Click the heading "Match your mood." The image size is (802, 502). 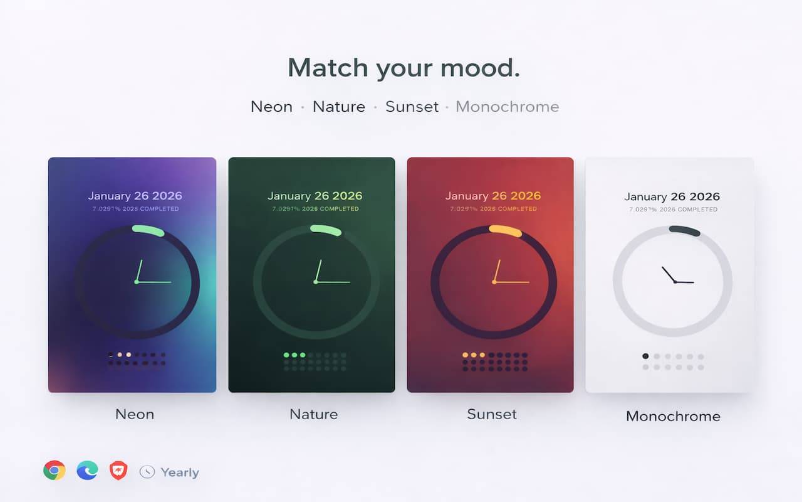pyautogui.click(x=404, y=68)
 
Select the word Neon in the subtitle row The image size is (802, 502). pyautogui.click(x=271, y=107)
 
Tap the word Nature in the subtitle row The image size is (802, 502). pyautogui.click(x=339, y=107)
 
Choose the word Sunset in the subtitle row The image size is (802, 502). pyautogui.click(x=412, y=107)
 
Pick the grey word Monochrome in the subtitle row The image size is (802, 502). pyautogui.click(x=507, y=107)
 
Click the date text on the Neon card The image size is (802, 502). pyautogui.click(x=135, y=196)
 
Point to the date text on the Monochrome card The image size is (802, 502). pyautogui.click(x=672, y=196)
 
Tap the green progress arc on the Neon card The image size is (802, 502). pyautogui.click(x=148, y=230)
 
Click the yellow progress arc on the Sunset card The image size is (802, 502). pyautogui.click(x=506, y=230)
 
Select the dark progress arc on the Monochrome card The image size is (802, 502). pyautogui.click(x=684, y=230)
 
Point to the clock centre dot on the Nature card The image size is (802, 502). pyautogui.click(x=315, y=282)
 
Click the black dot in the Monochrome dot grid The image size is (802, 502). pyautogui.click(x=645, y=356)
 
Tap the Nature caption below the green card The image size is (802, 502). pyautogui.click(x=313, y=414)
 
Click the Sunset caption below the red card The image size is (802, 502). pyautogui.click(x=492, y=414)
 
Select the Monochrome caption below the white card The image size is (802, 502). pyautogui.click(x=673, y=416)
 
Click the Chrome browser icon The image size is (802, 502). pyautogui.click(x=55, y=471)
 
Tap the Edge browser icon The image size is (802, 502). pyautogui.click(x=87, y=471)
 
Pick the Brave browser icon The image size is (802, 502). pyautogui.click(x=118, y=471)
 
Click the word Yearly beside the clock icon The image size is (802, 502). pyautogui.click(x=180, y=473)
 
